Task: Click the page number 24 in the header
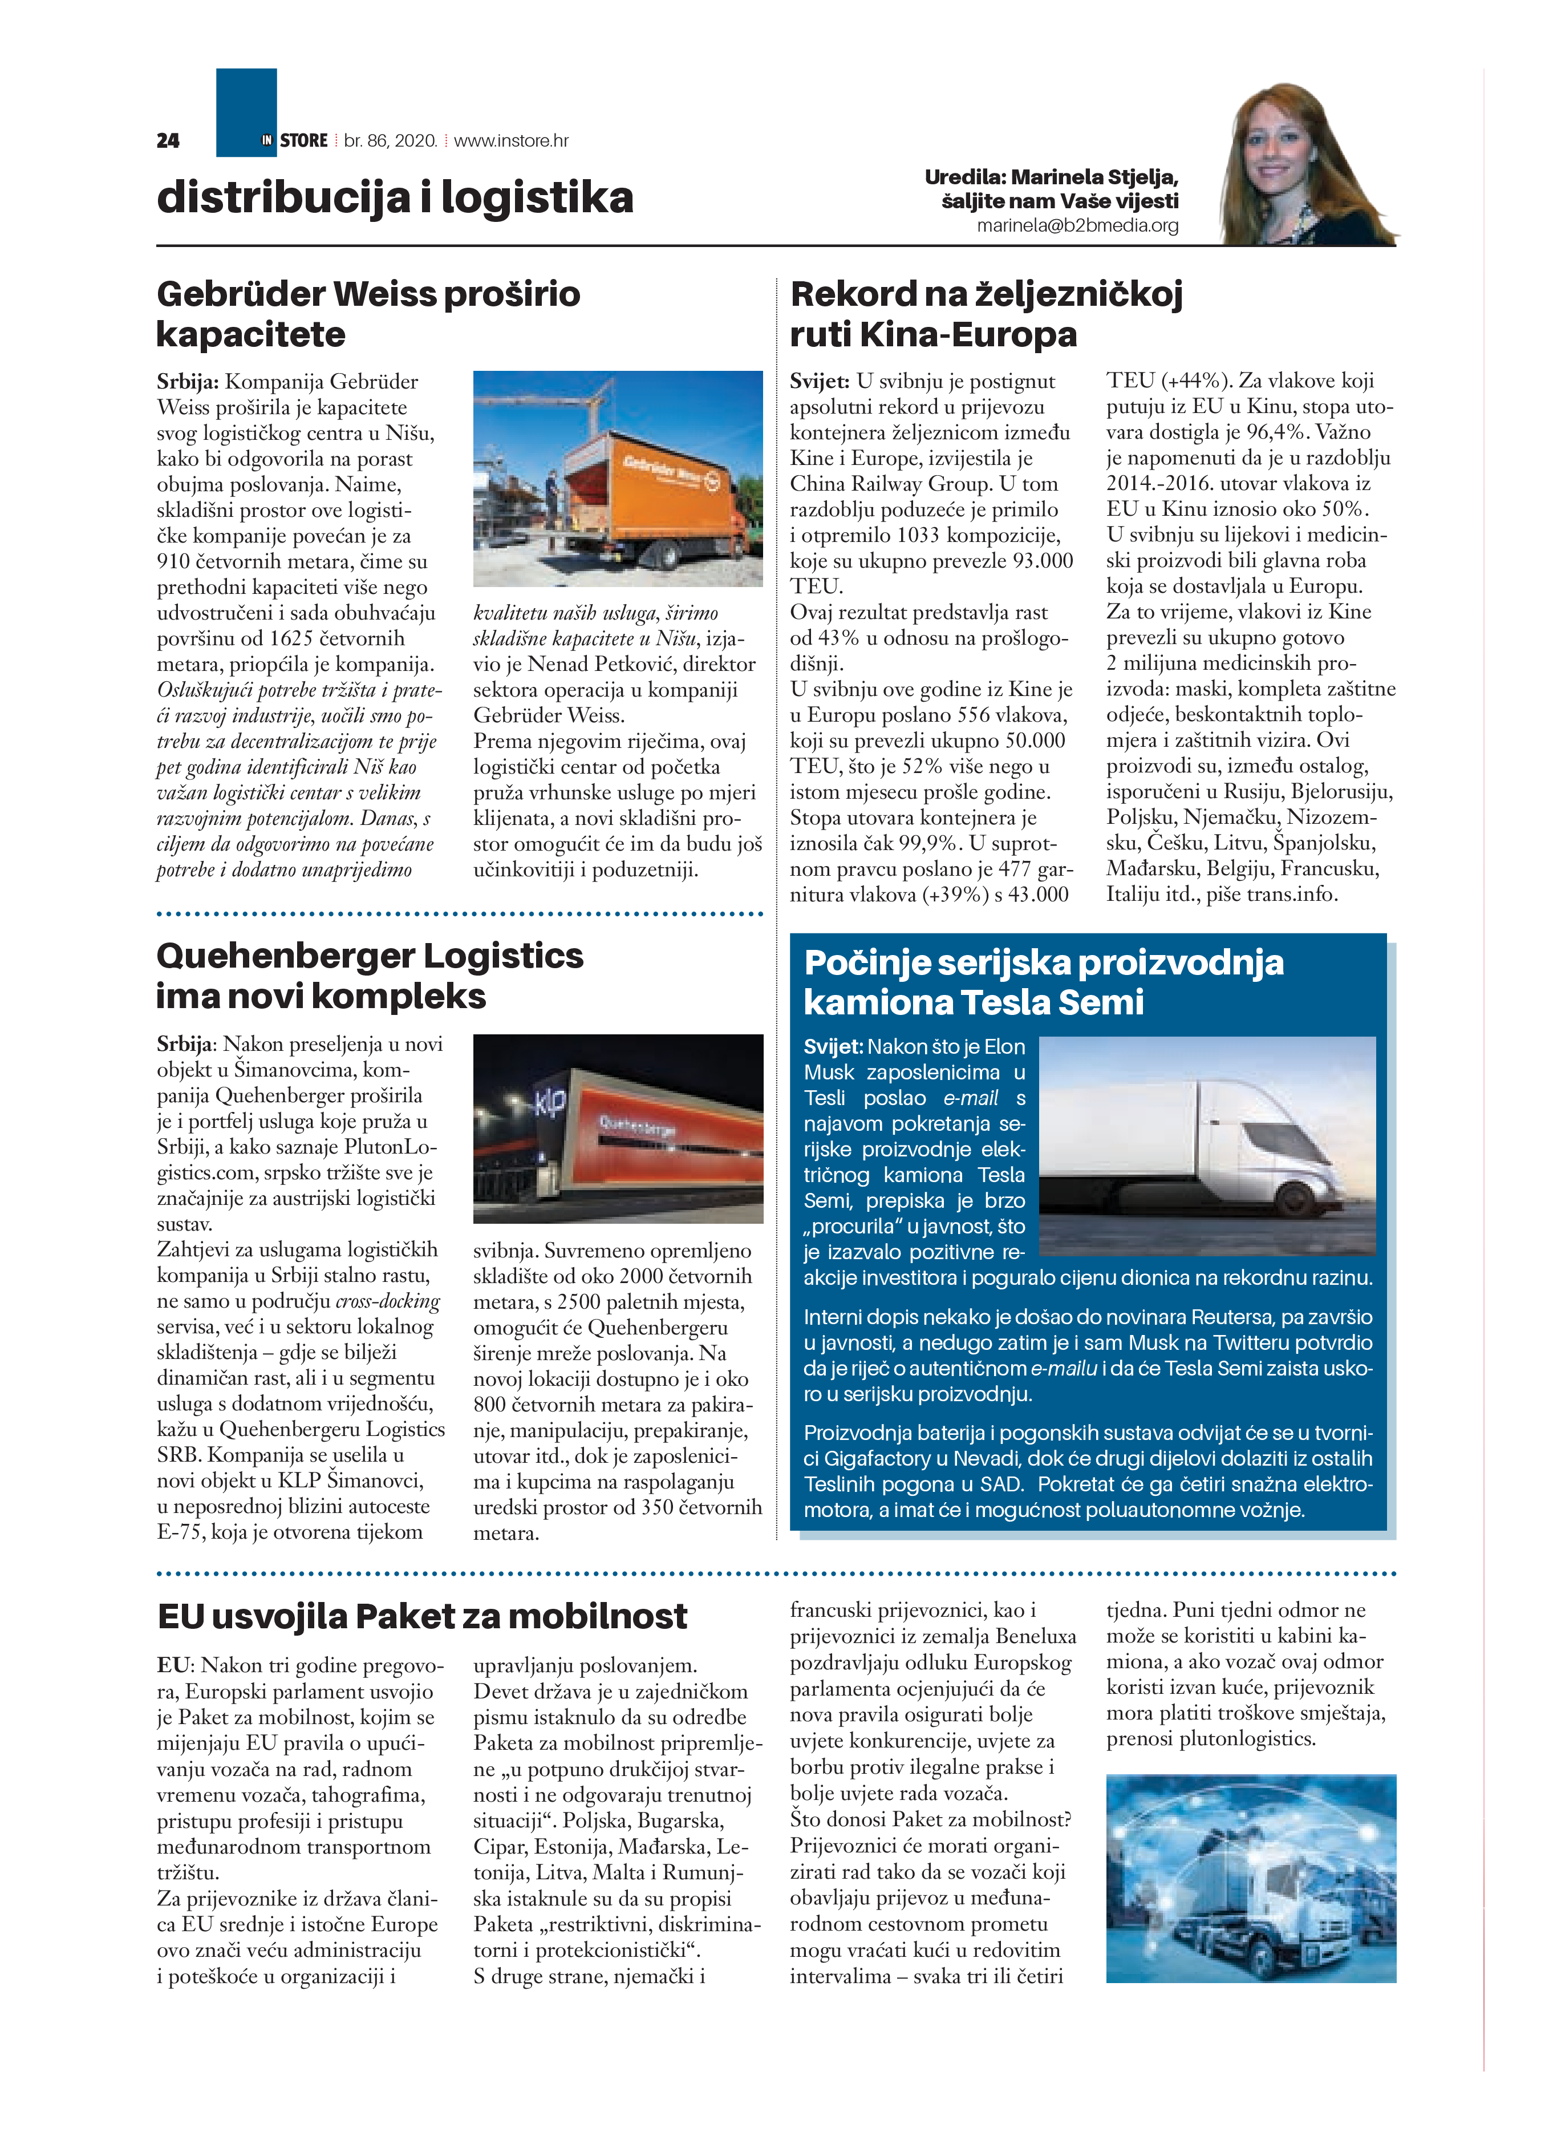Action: click(168, 140)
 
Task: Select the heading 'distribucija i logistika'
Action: click(395, 197)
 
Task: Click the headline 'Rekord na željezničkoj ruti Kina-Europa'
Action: click(986, 313)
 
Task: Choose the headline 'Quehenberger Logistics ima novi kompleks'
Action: click(370, 976)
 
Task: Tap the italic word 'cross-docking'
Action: click(388, 1301)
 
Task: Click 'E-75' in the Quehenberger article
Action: click(179, 1531)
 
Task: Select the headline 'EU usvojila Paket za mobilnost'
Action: click(421, 1616)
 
